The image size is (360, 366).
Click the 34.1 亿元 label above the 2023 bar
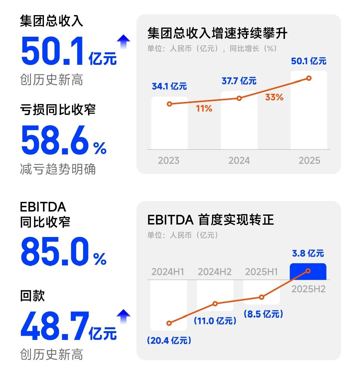tap(169, 86)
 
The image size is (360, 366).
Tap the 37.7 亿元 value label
tap(239, 81)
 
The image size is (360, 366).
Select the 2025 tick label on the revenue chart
tap(309, 160)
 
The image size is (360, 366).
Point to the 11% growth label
tap(204, 108)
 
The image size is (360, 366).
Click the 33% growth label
tap(274, 97)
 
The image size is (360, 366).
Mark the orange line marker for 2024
tap(239, 98)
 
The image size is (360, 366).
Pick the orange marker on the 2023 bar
tap(169, 104)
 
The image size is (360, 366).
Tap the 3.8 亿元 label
tap(308, 253)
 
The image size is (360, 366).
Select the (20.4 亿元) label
tap(169, 340)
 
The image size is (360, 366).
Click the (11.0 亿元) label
tap(215, 321)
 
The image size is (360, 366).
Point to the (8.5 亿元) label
tap(263, 314)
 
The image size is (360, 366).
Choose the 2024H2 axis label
tap(214, 272)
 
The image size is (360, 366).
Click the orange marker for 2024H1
tap(169, 323)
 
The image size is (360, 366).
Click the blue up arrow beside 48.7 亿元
tap(123, 316)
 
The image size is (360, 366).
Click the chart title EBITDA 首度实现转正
tap(210, 220)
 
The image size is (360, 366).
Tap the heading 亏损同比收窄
tap(58, 110)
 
